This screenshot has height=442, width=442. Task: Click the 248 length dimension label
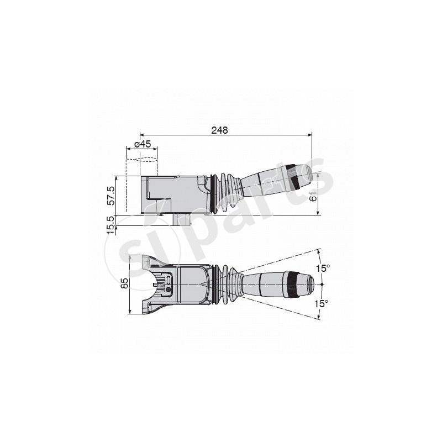click(219, 130)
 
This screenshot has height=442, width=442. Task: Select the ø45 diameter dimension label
click(143, 144)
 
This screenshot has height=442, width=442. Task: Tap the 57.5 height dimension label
click(111, 196)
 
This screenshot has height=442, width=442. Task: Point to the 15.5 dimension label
click(111, 225)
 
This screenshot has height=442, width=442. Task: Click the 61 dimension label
click(313, 196)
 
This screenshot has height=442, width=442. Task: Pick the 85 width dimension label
click(124, 283)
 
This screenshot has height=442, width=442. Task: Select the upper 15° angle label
click(323, 268)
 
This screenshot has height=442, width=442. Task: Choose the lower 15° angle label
click(322, 303)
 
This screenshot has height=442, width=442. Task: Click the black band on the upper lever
click(293, 177)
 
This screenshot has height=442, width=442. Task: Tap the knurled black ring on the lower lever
click(292, 285)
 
